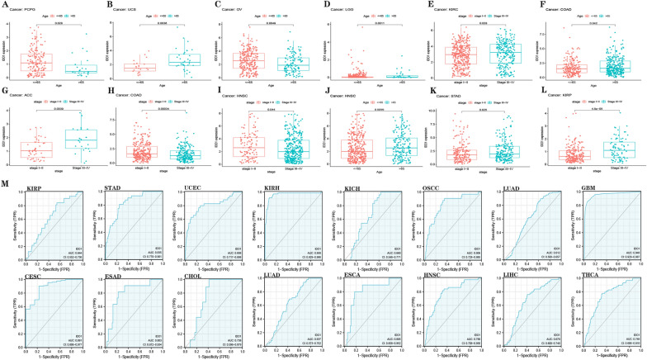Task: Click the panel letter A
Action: (5, 4)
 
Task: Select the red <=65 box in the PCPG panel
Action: (36, 62)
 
